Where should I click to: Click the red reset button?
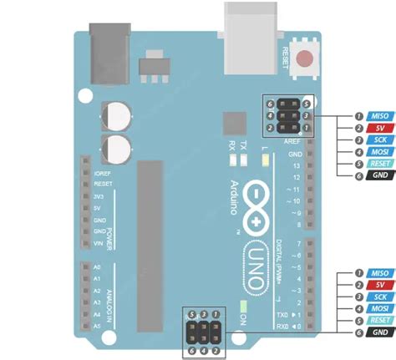click(308, 59)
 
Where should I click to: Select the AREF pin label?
click(292, 143)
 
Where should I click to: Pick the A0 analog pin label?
click(98, 268)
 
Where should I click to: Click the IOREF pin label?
click(102, 171)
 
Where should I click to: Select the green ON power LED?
click(243, 307)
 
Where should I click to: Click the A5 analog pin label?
click(98, 326)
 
